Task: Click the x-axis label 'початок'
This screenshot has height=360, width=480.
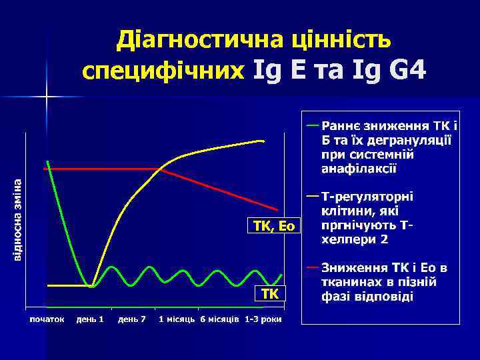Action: [x=46, y=319]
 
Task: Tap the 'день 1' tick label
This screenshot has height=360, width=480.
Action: [x=90, y=319]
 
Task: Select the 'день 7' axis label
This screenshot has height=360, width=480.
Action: [x=132, y=319]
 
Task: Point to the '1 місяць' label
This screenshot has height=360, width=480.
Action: [x=177, y=319]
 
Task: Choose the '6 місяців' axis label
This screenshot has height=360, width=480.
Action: [x=220, y=319]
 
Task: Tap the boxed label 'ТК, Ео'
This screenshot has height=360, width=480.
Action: [x=274, y=227]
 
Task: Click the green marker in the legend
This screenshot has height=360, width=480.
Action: [x=312, y=125]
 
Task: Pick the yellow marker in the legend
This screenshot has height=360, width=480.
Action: [x=312, y=196]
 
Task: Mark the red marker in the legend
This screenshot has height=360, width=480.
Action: [x=312, y=267]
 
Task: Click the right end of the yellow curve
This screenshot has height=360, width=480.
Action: [x=263, y=141]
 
